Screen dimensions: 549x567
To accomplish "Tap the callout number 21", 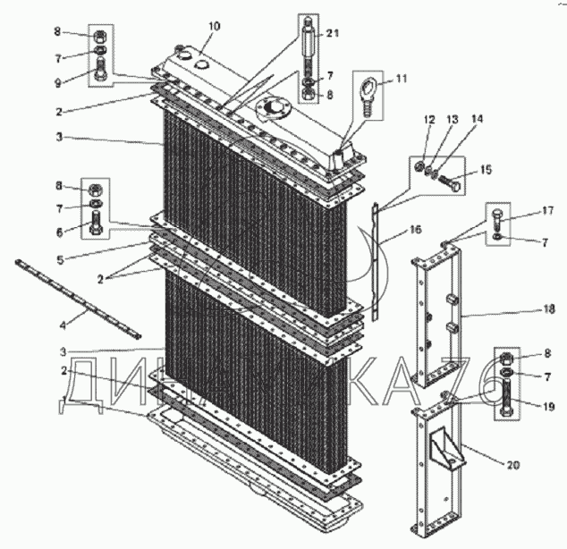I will tap(333, 33).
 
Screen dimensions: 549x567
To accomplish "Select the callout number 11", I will tap(401, 80).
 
